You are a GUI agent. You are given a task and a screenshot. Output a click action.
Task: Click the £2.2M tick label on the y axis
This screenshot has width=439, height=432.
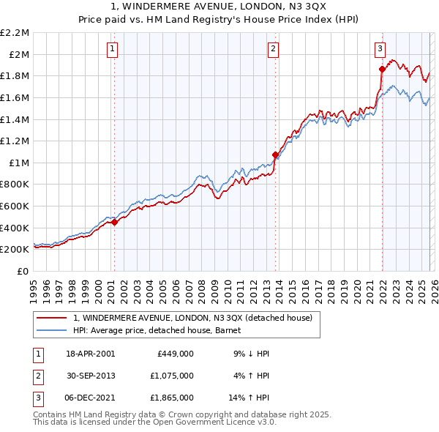point(15,33)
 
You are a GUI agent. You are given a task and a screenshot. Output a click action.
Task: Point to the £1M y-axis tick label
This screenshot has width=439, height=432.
point(19,163)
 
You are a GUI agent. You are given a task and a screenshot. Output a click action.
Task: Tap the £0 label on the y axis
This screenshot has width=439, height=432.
point(23,271)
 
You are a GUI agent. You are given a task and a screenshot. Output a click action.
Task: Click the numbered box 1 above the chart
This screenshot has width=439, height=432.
point(113,49)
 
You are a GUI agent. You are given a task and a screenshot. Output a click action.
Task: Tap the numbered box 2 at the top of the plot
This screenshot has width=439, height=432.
point(273,49)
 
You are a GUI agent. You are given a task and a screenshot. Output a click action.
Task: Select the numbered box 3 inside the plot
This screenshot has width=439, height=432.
point(380,49)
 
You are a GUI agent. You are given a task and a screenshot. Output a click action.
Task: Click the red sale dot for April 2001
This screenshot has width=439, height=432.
point(115,223)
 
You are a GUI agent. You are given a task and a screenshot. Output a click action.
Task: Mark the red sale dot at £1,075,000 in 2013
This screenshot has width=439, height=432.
point(275,154)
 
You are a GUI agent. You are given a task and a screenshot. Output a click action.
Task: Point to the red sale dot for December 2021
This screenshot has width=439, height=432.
point(382,69)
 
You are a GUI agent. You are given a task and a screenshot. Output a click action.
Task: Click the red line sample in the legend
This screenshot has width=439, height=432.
point(53,318)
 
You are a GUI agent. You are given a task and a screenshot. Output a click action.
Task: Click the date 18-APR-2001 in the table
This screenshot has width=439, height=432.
point(90,354)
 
